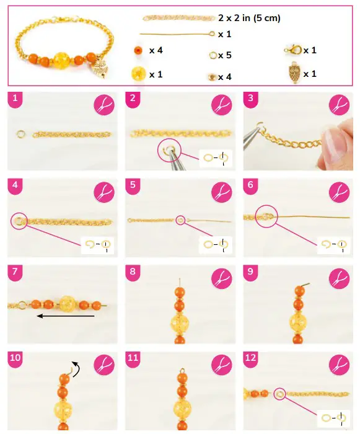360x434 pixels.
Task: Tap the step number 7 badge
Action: pos(14,272)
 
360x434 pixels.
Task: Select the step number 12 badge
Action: pos(250,358)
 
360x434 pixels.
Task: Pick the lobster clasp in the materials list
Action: pos(290,50)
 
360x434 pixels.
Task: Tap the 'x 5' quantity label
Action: pos(225,56)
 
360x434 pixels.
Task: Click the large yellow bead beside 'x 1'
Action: pos(138,74)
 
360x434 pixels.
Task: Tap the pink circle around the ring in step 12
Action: pos(281,392)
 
